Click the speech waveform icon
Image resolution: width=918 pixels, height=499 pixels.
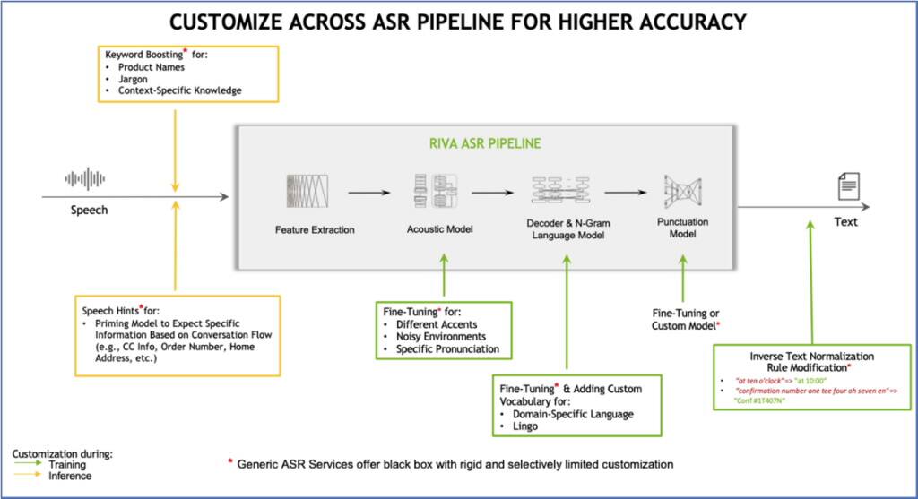(x=87, y=178)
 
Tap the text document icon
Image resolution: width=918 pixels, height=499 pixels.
(x=846, y=187)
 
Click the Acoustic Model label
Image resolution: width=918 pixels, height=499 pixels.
(x=439, y=230)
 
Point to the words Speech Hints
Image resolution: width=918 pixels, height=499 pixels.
(x=112, y=310)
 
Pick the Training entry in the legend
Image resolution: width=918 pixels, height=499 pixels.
(x=67, y=465)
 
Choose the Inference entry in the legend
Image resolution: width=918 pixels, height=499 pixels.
(x=69, y=476)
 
